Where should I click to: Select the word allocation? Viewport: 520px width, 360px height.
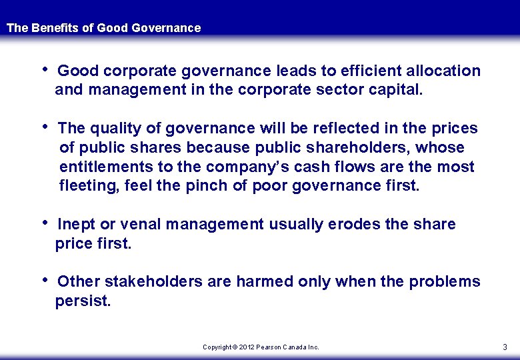coord(443,71)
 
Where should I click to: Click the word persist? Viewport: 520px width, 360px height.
coord(83,301)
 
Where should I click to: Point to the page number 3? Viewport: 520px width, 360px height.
coord(505,347)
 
